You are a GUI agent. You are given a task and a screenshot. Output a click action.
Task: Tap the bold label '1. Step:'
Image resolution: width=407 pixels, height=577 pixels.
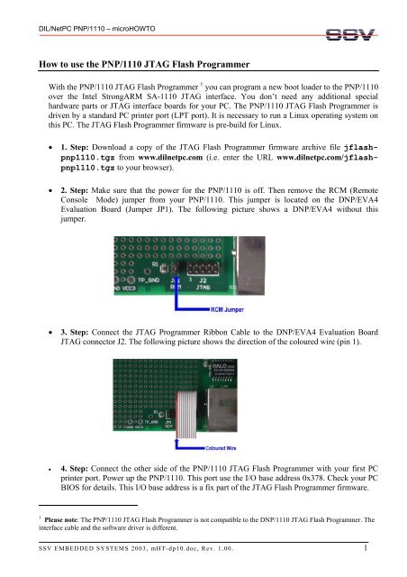(x=77, y=169)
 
